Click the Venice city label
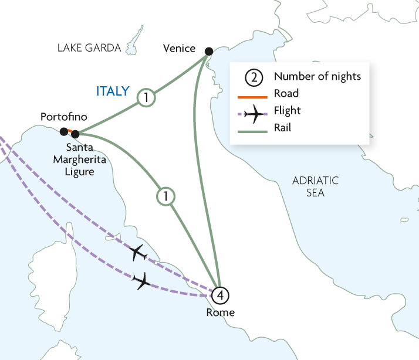click(x=178, y=48)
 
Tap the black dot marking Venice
click(x=208, y=52)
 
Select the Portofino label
click(x=63, y=117)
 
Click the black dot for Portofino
click(x=63, y=131)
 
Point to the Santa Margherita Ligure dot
click(x=75, y=134)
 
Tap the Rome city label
click(x=220, y=313)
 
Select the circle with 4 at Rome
click(x=220, y=294)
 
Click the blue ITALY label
click(x=113, y=91)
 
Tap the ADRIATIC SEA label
click(x=316, y=186)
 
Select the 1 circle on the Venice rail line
click(x=146, y=98)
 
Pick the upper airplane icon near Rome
click(x=138, y=253)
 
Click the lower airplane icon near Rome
click(x=142, y=281)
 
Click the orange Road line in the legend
click(x=252, y=94)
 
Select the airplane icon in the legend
click(x=252, y=111)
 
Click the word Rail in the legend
click(x=283, y=128)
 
